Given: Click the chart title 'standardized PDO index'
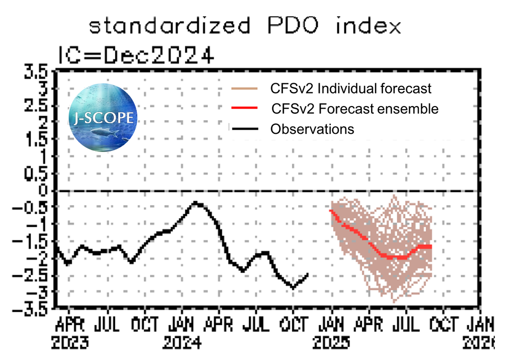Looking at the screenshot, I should (x=245, y=25).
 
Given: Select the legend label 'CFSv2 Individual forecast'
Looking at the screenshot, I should (x=351, y=89).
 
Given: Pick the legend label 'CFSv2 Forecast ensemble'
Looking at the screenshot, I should (x=355, y=109).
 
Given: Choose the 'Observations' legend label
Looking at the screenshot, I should (x=312, y=129).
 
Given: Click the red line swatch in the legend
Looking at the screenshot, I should (x=244, y=109).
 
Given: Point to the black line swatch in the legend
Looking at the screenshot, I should (x=244, y=129).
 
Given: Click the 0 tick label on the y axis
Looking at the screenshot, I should (x=44, y=190).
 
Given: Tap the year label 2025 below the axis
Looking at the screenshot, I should (x=331, y=343).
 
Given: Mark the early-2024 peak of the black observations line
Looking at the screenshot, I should (x=196, y=203).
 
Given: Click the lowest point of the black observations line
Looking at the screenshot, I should (x=292, y=287).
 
